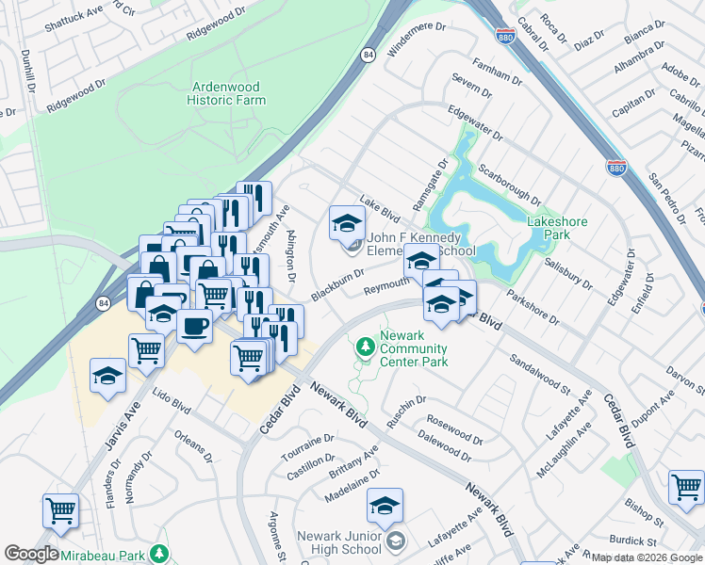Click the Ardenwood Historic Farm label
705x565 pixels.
click(225, 92)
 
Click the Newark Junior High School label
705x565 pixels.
click(339, 542)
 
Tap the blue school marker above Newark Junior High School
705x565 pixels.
click(385, 507)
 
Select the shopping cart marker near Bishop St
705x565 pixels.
click(686, 487)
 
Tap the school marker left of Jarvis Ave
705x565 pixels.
click(108, 376)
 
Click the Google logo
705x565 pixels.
click(31, 554)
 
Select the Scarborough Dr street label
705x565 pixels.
click(508, 185)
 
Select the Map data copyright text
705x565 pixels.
click(646, 557)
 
